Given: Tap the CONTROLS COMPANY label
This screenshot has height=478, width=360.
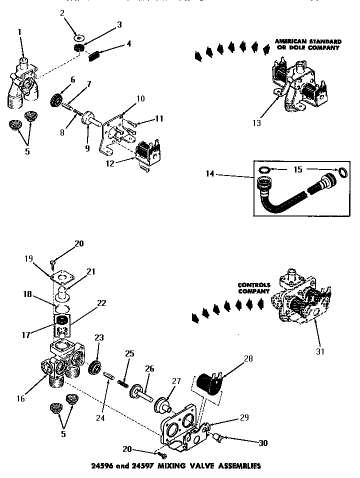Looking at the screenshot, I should (254, 287).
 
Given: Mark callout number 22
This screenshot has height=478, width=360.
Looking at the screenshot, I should (101, 303).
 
